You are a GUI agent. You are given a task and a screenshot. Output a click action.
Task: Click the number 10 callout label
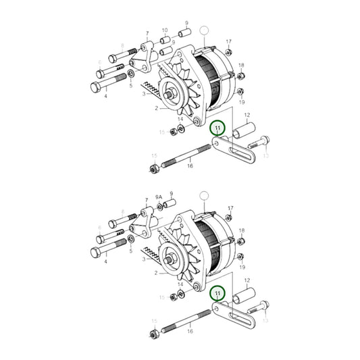pos(165,30)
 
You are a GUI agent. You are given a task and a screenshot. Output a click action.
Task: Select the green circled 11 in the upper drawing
pos(217,127)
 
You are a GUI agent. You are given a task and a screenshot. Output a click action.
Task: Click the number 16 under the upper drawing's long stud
pos(190,166)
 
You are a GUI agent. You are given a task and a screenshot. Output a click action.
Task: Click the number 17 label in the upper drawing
pos(228,41)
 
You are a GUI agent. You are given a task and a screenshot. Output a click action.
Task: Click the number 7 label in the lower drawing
pos(147,201)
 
